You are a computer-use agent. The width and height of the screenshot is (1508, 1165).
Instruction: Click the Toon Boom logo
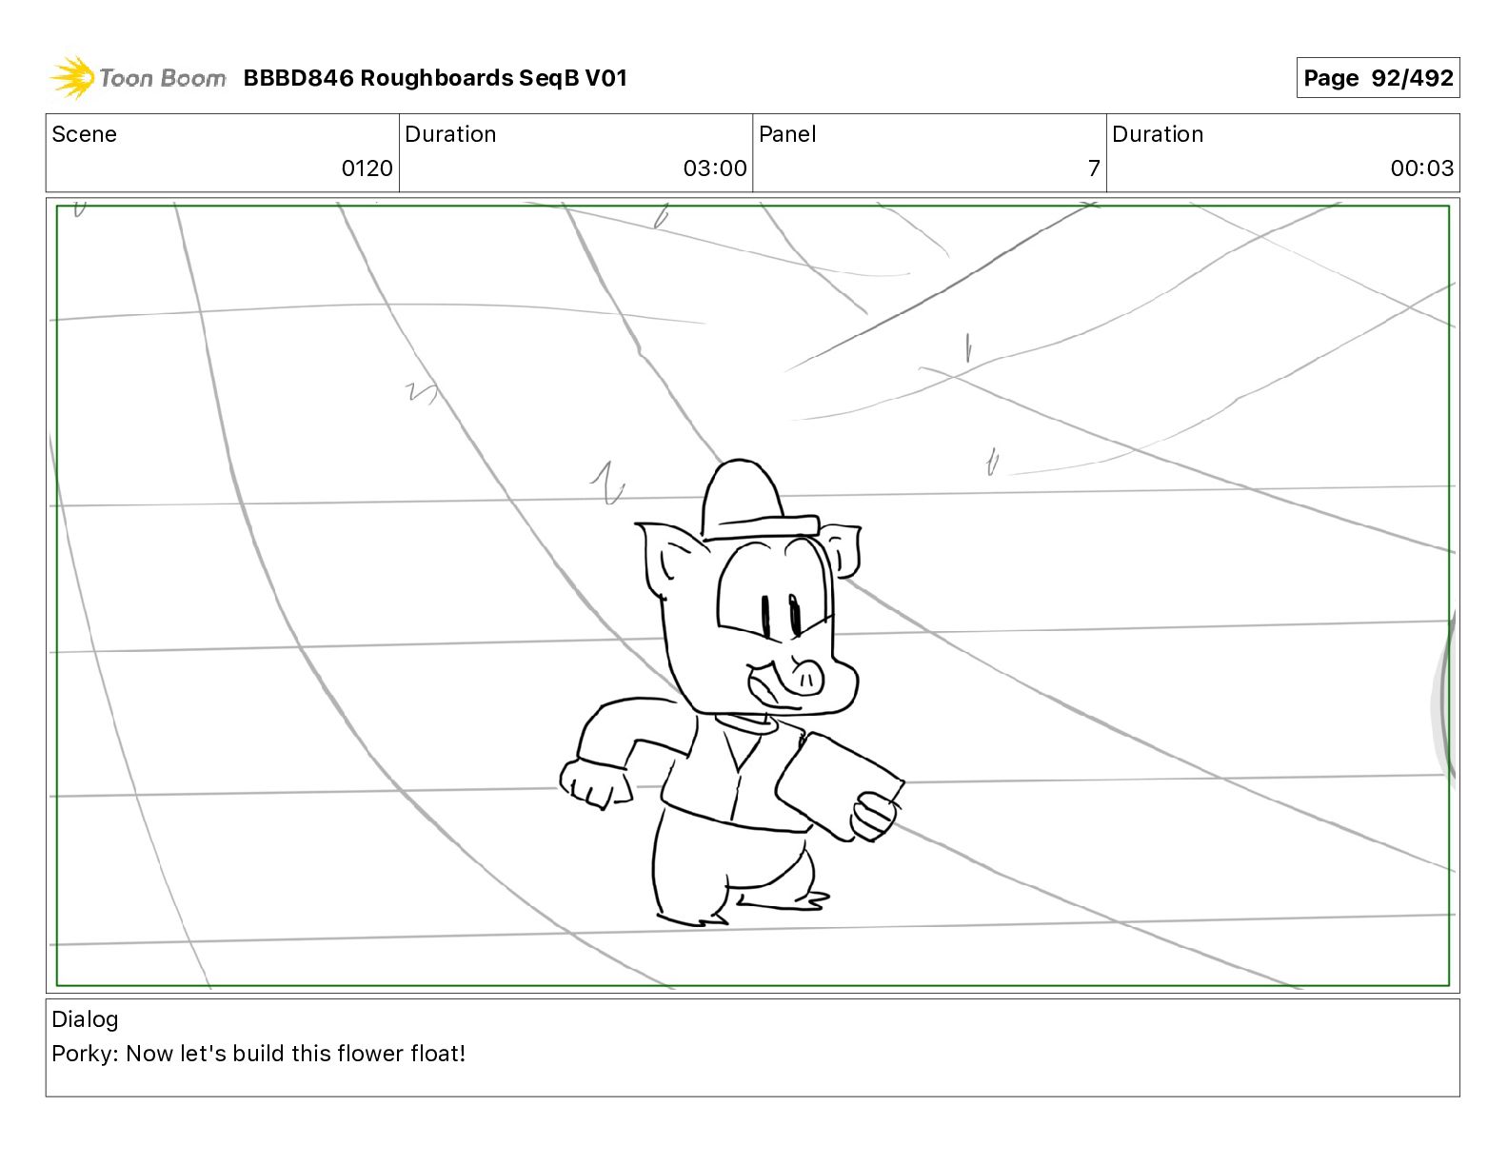[138, 78]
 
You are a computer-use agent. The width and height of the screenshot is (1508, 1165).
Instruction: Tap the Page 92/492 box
[1378, 78]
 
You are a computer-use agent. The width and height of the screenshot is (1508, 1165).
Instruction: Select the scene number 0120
[367, 168]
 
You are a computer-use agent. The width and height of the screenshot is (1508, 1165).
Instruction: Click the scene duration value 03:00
[714, 168]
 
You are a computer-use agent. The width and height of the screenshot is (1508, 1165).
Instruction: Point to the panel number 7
[1094, 168]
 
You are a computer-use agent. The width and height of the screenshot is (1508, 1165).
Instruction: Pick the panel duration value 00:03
[1421, 168]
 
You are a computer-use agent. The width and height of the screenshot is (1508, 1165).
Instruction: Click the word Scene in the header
[85, 134]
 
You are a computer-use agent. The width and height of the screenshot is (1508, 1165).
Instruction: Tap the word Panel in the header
[787, 134]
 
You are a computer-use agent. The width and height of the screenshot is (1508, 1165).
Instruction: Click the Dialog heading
[85, 1019]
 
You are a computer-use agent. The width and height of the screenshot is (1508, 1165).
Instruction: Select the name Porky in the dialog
[84, 1054]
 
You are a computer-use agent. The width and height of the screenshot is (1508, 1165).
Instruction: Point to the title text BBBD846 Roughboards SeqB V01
[435, 78]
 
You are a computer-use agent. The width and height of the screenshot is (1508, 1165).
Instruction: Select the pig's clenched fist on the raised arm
[595, 783]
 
